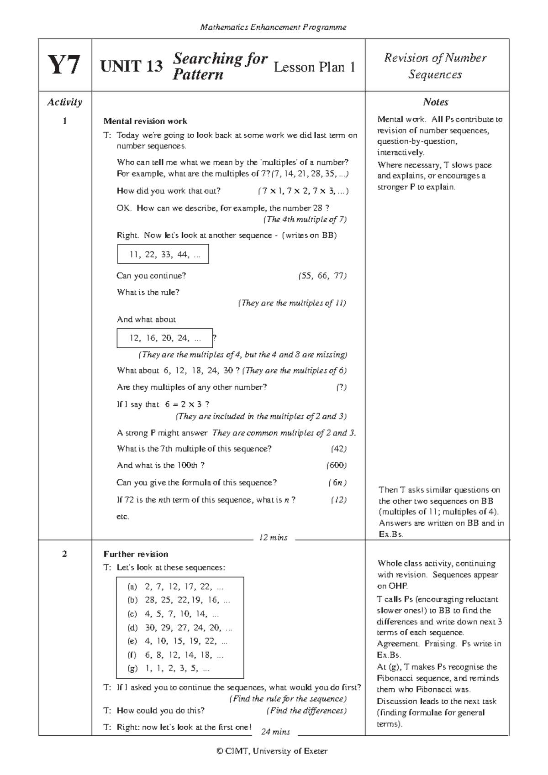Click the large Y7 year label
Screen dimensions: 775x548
click(65, 66)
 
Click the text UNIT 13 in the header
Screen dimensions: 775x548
click(132, 67)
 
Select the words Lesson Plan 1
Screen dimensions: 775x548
click(314, 67)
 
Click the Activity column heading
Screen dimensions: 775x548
click(65, 102)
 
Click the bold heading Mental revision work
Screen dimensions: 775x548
click(145, 121)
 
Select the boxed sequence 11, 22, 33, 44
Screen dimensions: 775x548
click(163, 255)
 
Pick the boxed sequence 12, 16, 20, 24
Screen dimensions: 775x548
click(165, 338)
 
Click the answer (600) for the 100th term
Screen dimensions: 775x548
click(337, 466)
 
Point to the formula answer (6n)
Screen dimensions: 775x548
click(337, 483)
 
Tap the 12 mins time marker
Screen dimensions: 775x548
click(273, 538)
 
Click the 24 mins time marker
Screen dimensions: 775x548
click(275, 732)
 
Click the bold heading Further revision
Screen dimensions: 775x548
click(136, 554)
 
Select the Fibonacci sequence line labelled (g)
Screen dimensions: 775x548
click(169, 669)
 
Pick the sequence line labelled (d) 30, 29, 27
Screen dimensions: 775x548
click(180, 628)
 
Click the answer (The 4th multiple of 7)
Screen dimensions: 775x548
click(305, 220)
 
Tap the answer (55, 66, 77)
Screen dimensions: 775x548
click(322, 276)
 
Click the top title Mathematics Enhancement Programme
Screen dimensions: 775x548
click(274, 27)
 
